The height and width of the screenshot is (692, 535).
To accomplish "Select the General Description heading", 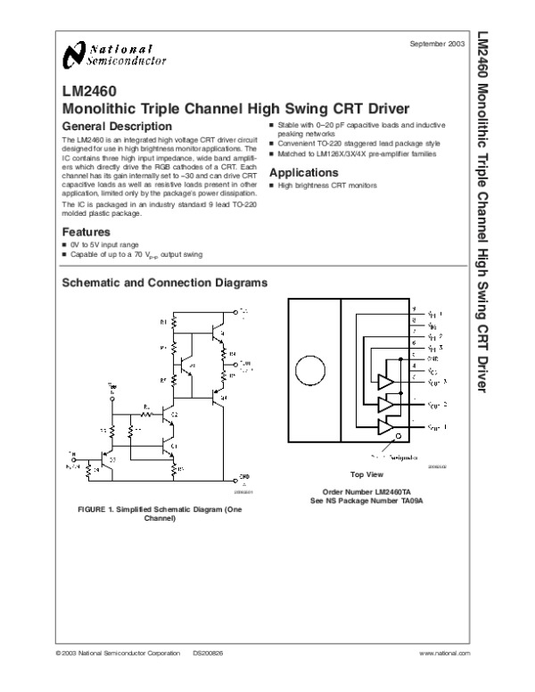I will pos(116,127).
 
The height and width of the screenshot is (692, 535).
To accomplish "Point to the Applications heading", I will pos(303,172).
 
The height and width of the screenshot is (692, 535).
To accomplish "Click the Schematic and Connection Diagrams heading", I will pos(163,283).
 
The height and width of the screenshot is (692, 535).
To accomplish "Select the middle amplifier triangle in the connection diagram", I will pos(386,404).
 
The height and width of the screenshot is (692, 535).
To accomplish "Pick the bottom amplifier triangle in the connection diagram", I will pos(386,427).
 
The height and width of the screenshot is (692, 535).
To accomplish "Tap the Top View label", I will pos(366,474).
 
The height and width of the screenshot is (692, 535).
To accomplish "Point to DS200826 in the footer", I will pos(208,655).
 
